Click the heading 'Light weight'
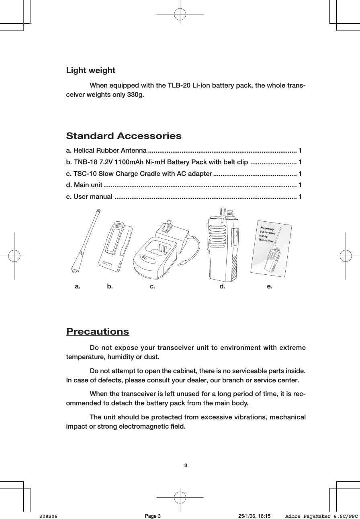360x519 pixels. pyautogui.click(x=90, y=71)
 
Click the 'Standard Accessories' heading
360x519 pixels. pyautogui.click(x=124, y=136)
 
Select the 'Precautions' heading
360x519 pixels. pyautogui.click(x=98, y=332)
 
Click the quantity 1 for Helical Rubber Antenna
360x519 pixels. pyautogui.click(x=300, y=151)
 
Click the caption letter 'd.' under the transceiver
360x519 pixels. pyautogui.click(x=222, y=286)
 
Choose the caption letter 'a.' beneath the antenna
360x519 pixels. pyautogui.click(x=78, y=286)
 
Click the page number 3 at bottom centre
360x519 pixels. pyautogui.click(x=185, y=466)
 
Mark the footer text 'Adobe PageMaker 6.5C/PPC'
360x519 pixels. pyautogui.click(x=321, y=516)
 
